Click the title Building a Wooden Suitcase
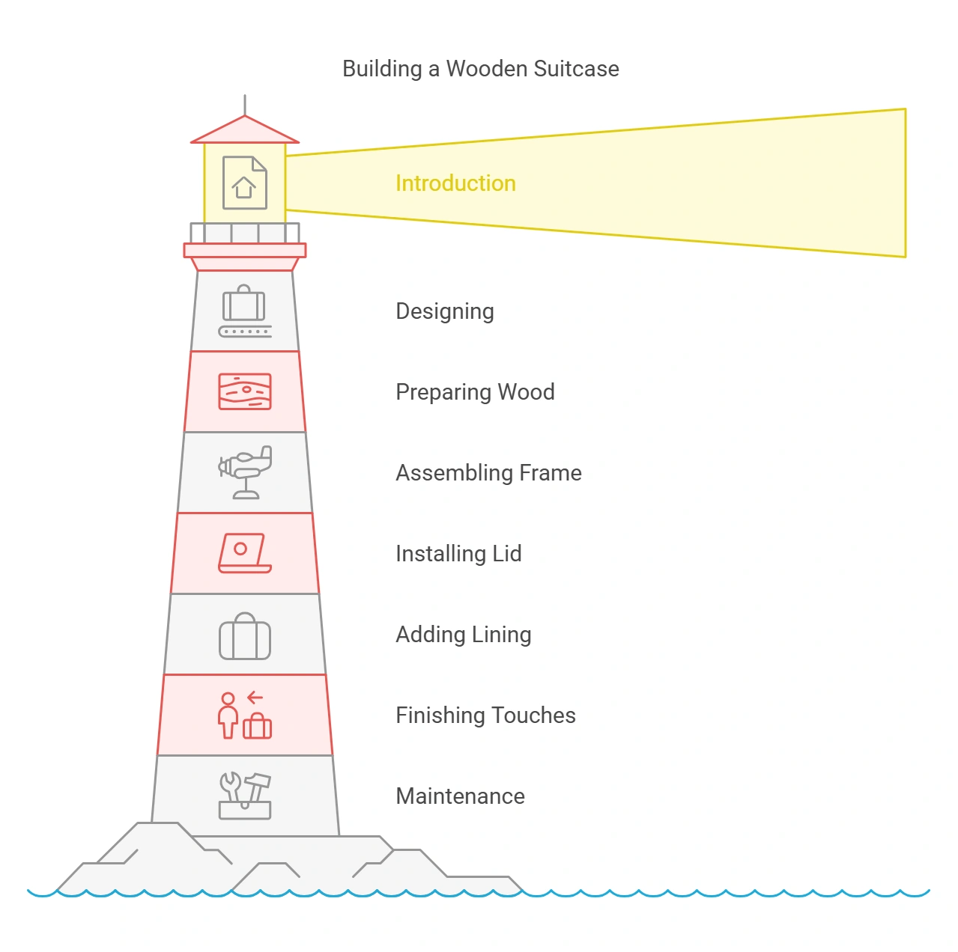pyautogui.click(x=480, y=69)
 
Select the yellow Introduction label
pyautogui.click(x=455, y=183)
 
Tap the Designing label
pyautogui.click(x=444, y=311)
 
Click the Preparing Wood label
pyautogui.click(x=475, y=392)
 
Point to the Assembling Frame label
pyautogui.click(x=488, y=473)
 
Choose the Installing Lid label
pyautogui.click(x=458, y=554)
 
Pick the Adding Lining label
pyautogui.click(x=463, y=635)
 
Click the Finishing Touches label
pyautogui.click(x=485, y=715)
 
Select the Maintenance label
pyautogui.click(x=460, y=796)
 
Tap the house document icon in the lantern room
pyautogui.click(x=245, y=183)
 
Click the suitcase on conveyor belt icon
pyautogui.click(x=245, y=311)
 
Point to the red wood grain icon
pyautogui.click(x=245, y=391)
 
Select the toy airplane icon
pyautogui.click(x=245, y=472)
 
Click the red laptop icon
pyautogui.click(x=244, y=553)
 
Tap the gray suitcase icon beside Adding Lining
pyautogui.click(x=245, y=637)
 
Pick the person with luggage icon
pyautogui.click(x=244, y=716)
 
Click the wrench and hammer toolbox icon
pyautogui.click(x=245, y=796)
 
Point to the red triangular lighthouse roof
pyautogui.click(x=245, y=132)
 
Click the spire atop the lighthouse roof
pyautogui.click(x=245, y=105)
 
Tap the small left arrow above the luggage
pyautogui.click(x=255, y=698)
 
